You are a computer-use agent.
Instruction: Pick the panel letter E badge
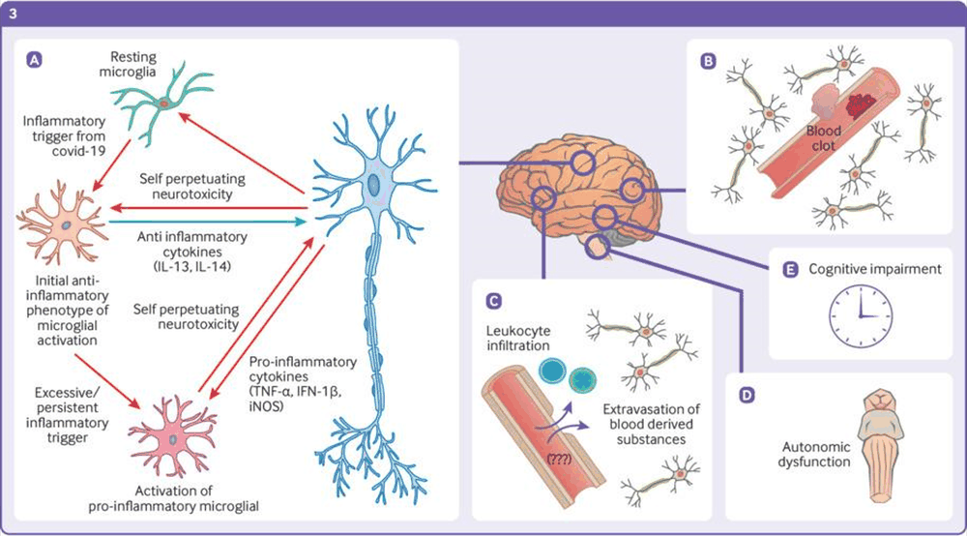pyautogui.click(x=789, y=269)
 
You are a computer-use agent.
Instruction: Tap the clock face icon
pyautogui.click(x=858, y=312)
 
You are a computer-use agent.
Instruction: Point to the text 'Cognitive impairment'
pyautogui.click(x=873, y=269)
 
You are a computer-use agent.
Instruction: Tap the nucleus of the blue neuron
pyautogui.click(x=372, y=185)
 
